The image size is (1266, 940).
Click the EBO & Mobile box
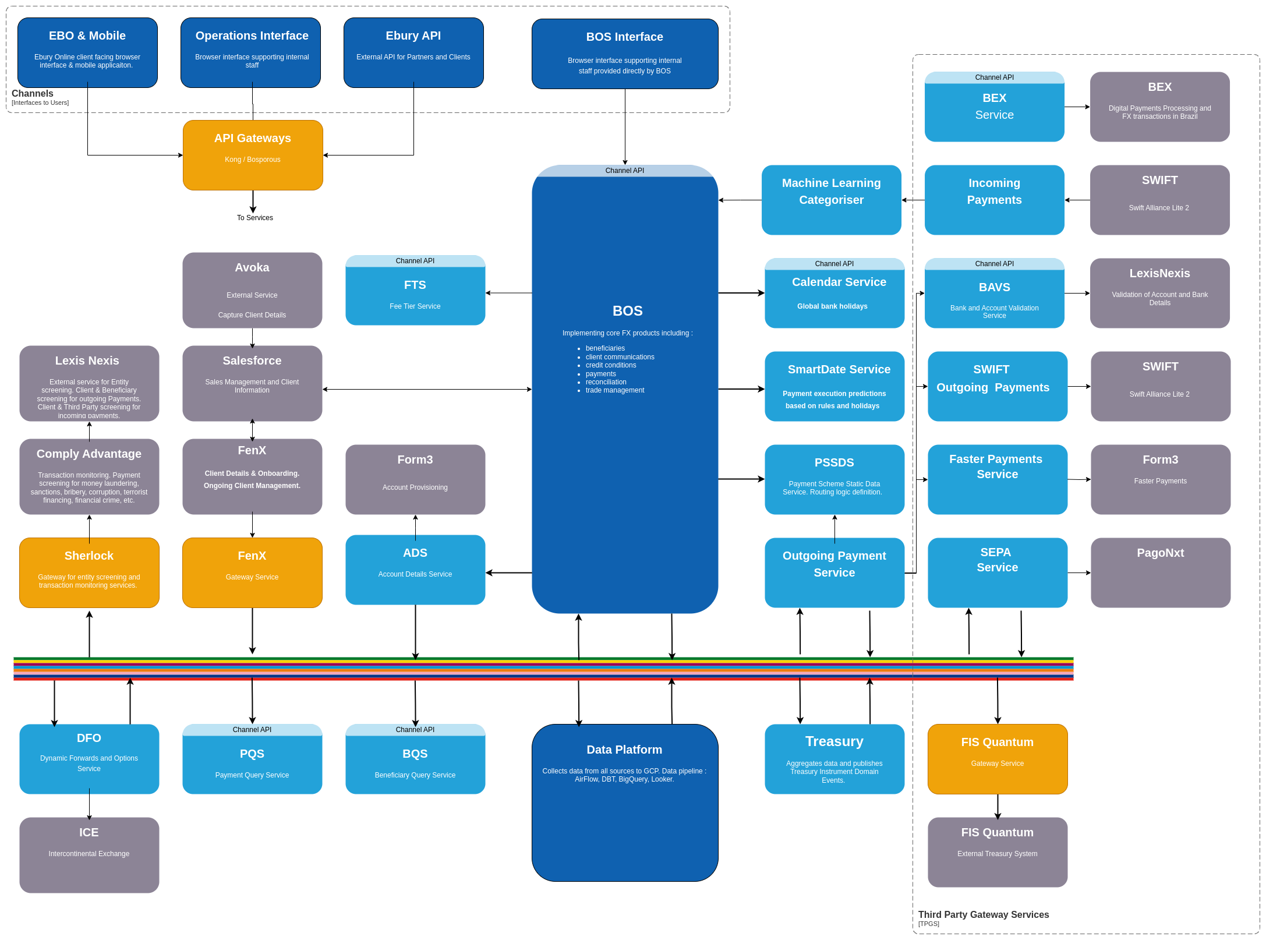pos(87,52)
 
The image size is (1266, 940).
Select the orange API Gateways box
pos(253,155)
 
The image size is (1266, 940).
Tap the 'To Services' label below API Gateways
pos(255,218)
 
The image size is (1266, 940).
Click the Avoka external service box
pos(252,290)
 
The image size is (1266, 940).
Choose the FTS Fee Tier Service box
pos(415,290)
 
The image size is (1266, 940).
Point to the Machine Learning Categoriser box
pos(832,200)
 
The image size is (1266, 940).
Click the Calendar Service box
pos(834,293)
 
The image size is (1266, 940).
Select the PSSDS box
pos(834,479)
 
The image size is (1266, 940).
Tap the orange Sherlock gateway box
pos(89,573)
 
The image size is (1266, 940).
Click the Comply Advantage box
pos(89,476)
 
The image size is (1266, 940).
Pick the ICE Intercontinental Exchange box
pos(89,855)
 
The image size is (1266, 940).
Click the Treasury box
pos(834,759)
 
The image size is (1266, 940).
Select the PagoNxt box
pos(1161,573)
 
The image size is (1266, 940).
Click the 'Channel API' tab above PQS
pos(252,730)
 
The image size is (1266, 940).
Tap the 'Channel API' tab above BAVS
pos(995,264)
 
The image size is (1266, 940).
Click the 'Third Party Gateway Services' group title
pos(984,914)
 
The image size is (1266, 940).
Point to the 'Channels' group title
pos(33,93)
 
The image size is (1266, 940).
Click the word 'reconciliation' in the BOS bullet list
pos(606,382)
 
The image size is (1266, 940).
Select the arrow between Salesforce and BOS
pos(427,389)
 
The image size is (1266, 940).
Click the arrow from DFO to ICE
pos(89,804)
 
